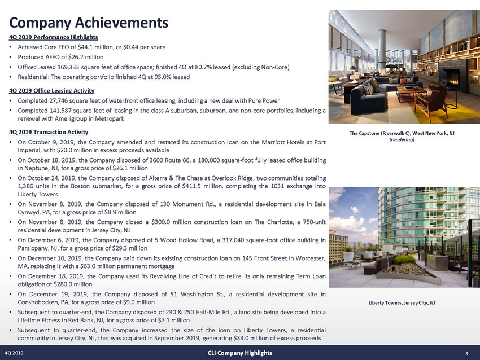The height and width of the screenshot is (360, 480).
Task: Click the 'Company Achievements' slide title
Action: pos(88,23)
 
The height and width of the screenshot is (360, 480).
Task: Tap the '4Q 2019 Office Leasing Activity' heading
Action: pos(51,90)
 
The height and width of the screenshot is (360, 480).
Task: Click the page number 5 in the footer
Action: pos(466,354)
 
